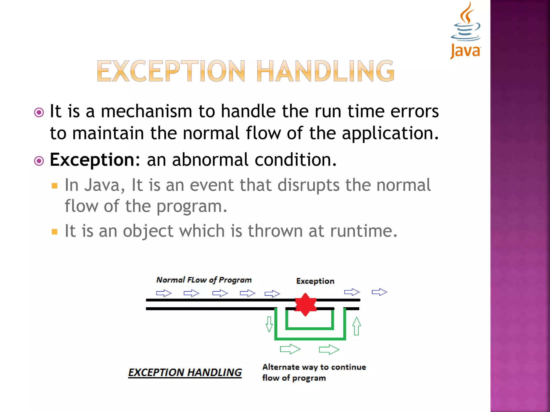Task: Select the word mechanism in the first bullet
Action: pos(146,111)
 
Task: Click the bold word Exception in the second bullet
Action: pos(92,160)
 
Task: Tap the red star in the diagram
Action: pos(305,305)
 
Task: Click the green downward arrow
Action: pos(269,324)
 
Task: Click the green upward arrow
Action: pos(356,326)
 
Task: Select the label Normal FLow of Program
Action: pos(204,280)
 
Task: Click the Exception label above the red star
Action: pos(315,281)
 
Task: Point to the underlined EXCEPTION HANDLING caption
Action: pos(185,372)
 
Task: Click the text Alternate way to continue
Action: pos(314,367)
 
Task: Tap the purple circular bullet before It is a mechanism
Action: pos(39,112)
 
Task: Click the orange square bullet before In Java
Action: pos(55,186)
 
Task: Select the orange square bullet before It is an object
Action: pos(55,232)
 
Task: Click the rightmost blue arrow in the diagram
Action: pos(379,292)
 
